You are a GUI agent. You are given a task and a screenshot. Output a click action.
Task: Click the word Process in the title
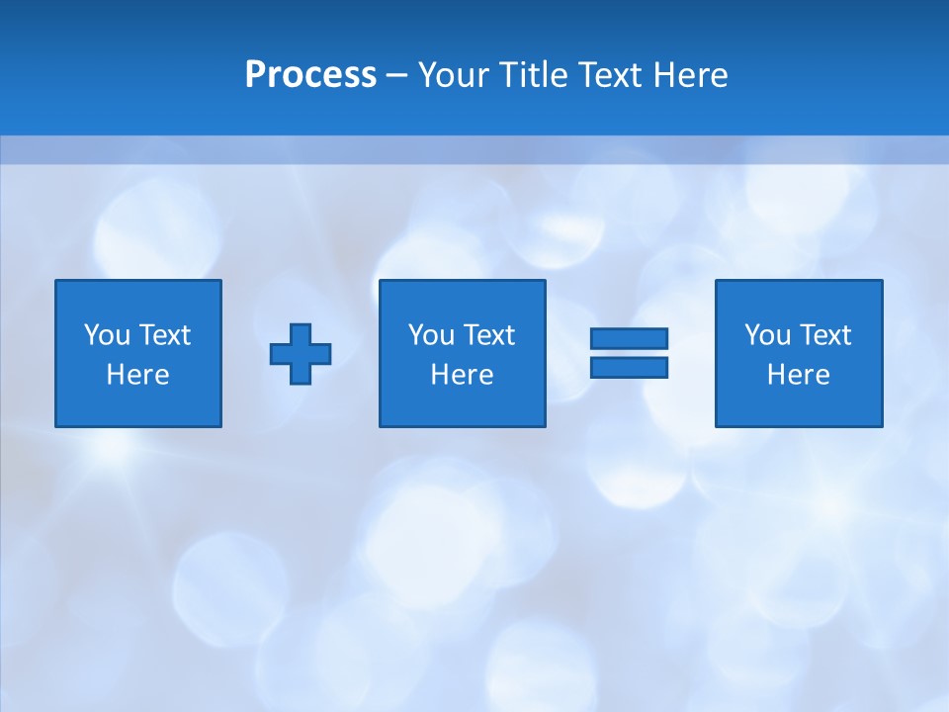coord(310,75)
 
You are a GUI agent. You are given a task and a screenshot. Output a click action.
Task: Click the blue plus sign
coord(301,353)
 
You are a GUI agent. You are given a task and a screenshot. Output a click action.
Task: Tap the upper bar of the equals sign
coord(629,339)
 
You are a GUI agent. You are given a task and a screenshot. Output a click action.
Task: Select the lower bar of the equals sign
coord(629,367)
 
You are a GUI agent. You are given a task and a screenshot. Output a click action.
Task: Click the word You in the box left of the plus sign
coord(107,335)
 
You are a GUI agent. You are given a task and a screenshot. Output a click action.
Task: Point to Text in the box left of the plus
coord(163,335)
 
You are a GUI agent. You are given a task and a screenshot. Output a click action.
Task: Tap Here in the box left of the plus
coord(137,375)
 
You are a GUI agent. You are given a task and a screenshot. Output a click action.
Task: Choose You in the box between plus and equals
coord(431,335)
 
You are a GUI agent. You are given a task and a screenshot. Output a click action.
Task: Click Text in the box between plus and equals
coord(487,335)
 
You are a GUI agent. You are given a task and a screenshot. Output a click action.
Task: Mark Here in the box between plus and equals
coord(462,375)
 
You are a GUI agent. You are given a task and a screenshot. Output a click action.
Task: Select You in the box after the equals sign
coord(767,335)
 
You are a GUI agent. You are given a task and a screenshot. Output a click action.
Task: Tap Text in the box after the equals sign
coord(823,335)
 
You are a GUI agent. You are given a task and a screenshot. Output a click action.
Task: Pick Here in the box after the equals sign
coord(798,375)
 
